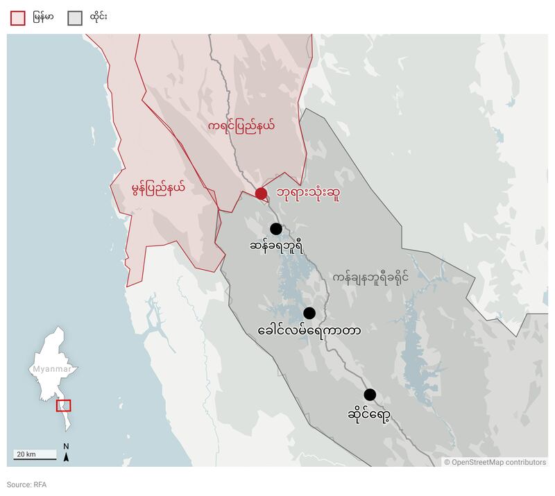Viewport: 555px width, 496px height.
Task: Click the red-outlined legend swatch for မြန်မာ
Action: (x=18, y=18)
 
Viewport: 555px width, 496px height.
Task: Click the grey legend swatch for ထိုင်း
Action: (x=74, y=18)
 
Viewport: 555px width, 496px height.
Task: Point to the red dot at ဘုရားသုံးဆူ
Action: (x=261, y=194)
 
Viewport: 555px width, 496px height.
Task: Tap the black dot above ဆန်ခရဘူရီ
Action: (x=276, y=228)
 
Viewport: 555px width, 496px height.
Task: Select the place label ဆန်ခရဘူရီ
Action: (x=276, y=246)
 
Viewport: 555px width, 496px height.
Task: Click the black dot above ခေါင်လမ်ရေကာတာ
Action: (x=309, y=313)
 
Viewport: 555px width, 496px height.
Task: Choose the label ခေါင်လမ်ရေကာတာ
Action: (x=309, y=331)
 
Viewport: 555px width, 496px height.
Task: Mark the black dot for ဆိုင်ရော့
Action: (x=370, y=395)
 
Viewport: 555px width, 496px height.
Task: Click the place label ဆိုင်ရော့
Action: (x=369, y=414)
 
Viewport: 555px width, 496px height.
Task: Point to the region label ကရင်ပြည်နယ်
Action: (x=241, y=126)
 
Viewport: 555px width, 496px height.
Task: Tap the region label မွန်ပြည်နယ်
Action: (x=158, y=187)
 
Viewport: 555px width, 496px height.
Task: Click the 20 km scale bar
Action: (x=35, y=455)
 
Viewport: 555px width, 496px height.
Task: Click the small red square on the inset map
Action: (x=63, y=406)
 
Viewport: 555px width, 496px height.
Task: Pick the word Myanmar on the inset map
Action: (x=51, y=369)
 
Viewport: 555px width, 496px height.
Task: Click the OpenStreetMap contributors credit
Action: (x=495, y=462)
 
